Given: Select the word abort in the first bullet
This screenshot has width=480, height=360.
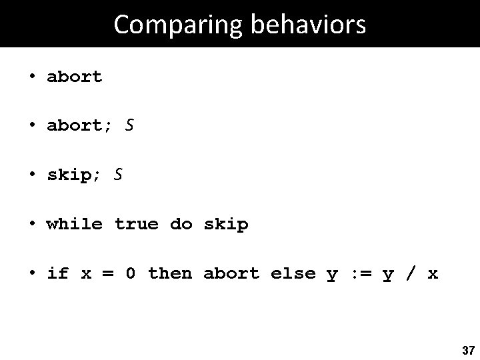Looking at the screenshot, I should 75,77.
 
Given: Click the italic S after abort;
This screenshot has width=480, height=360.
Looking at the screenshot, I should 129,125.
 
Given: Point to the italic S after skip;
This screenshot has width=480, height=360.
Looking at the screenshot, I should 118,175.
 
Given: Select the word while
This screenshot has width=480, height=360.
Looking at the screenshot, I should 75,224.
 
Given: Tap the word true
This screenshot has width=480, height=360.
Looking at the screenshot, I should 137,224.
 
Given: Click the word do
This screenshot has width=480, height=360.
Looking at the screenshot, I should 181,224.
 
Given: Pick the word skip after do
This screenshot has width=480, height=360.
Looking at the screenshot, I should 226,224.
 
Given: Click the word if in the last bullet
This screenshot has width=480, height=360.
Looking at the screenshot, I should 58,273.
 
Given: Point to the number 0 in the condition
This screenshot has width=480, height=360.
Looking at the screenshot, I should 131,273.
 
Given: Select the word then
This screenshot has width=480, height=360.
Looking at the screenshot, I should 170,273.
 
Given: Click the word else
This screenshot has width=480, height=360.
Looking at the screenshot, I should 293,273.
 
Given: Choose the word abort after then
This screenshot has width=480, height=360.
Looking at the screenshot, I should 231,273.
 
